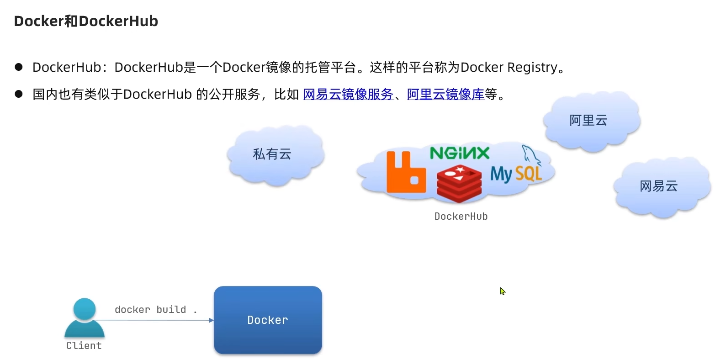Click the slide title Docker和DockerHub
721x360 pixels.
[x=86, y=21]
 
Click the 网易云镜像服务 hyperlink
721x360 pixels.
[x=348, y=94]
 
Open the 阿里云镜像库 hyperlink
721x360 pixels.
[x=445, y=94]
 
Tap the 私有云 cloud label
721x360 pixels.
[x=272, y=154]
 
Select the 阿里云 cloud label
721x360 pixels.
[x=588, y=120]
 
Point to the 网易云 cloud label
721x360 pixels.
[x=658, y=186]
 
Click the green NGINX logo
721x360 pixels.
[x=459, y=153]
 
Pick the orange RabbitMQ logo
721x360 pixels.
[x=405, y=173]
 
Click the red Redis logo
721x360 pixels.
[x=459, y=184]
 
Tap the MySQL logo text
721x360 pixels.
[x=516, y=174]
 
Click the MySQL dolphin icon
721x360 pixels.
[x=530, y=154]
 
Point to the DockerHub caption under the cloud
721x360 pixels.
[x=461, y=217]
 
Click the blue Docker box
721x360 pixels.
[x=268, y=320]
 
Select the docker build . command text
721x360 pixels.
[x=155, y=310]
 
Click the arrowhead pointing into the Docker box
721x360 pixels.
[x=211, y=320]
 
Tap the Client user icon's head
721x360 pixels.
[x=85, y=309]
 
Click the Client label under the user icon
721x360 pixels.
[x=84, y=346]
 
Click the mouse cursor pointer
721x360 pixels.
[x=502, y=291]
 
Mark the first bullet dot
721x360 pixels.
[x=19, y=67]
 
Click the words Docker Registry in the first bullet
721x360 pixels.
[x=509, y=67]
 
